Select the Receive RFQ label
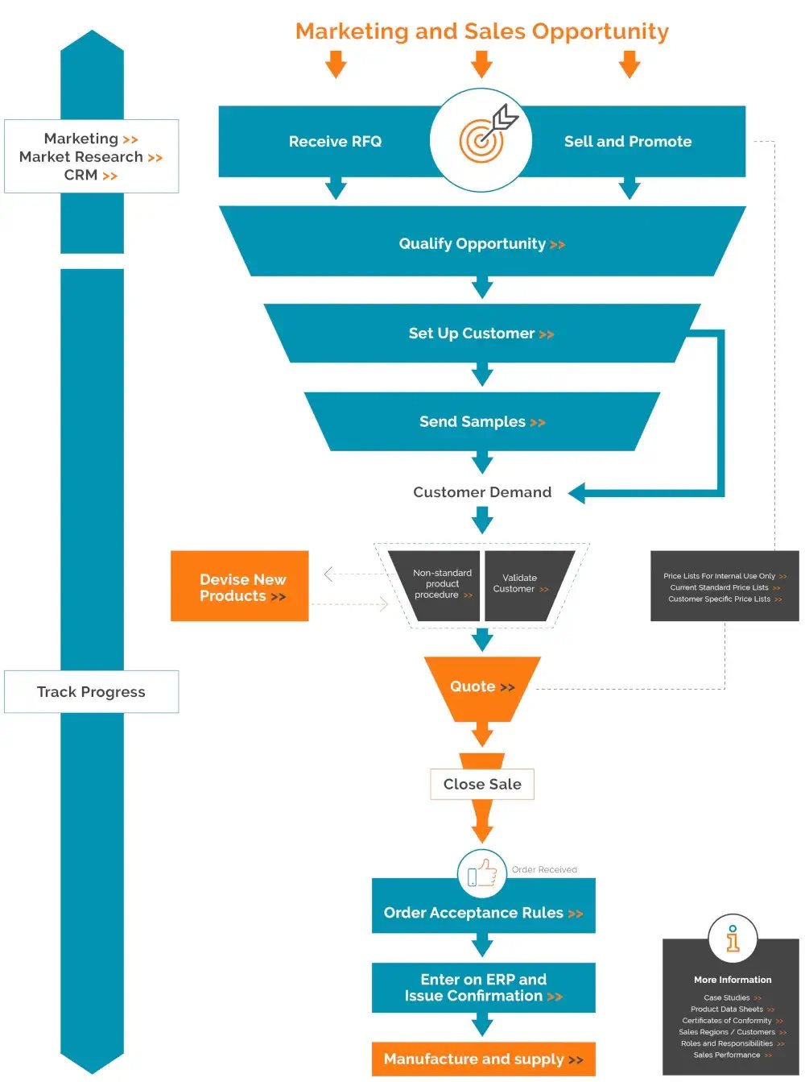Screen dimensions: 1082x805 pos(335,142)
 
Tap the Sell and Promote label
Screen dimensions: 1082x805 pos(628,142)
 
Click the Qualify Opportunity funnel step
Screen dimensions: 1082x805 pos(481,243)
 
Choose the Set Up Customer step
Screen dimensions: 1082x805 pos(481,334)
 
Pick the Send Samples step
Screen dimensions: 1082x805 pos(481,422)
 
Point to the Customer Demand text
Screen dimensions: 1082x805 pos(482,492)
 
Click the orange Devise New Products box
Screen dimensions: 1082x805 pos(241,587)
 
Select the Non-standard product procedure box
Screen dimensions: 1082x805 pos(440,585)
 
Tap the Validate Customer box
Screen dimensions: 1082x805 pos(522,584)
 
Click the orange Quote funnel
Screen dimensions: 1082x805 pos(481,687)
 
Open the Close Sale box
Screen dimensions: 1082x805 pos(482,784)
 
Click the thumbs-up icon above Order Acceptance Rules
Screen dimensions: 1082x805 pos(482,873)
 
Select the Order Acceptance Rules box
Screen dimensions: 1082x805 pos(483,913)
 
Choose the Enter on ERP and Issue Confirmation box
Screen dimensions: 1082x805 pos(483,988)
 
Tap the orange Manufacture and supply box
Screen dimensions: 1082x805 pos(483,1059)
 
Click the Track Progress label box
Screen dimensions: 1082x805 pos(91,692)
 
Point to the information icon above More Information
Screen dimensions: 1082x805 pos(733,939)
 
